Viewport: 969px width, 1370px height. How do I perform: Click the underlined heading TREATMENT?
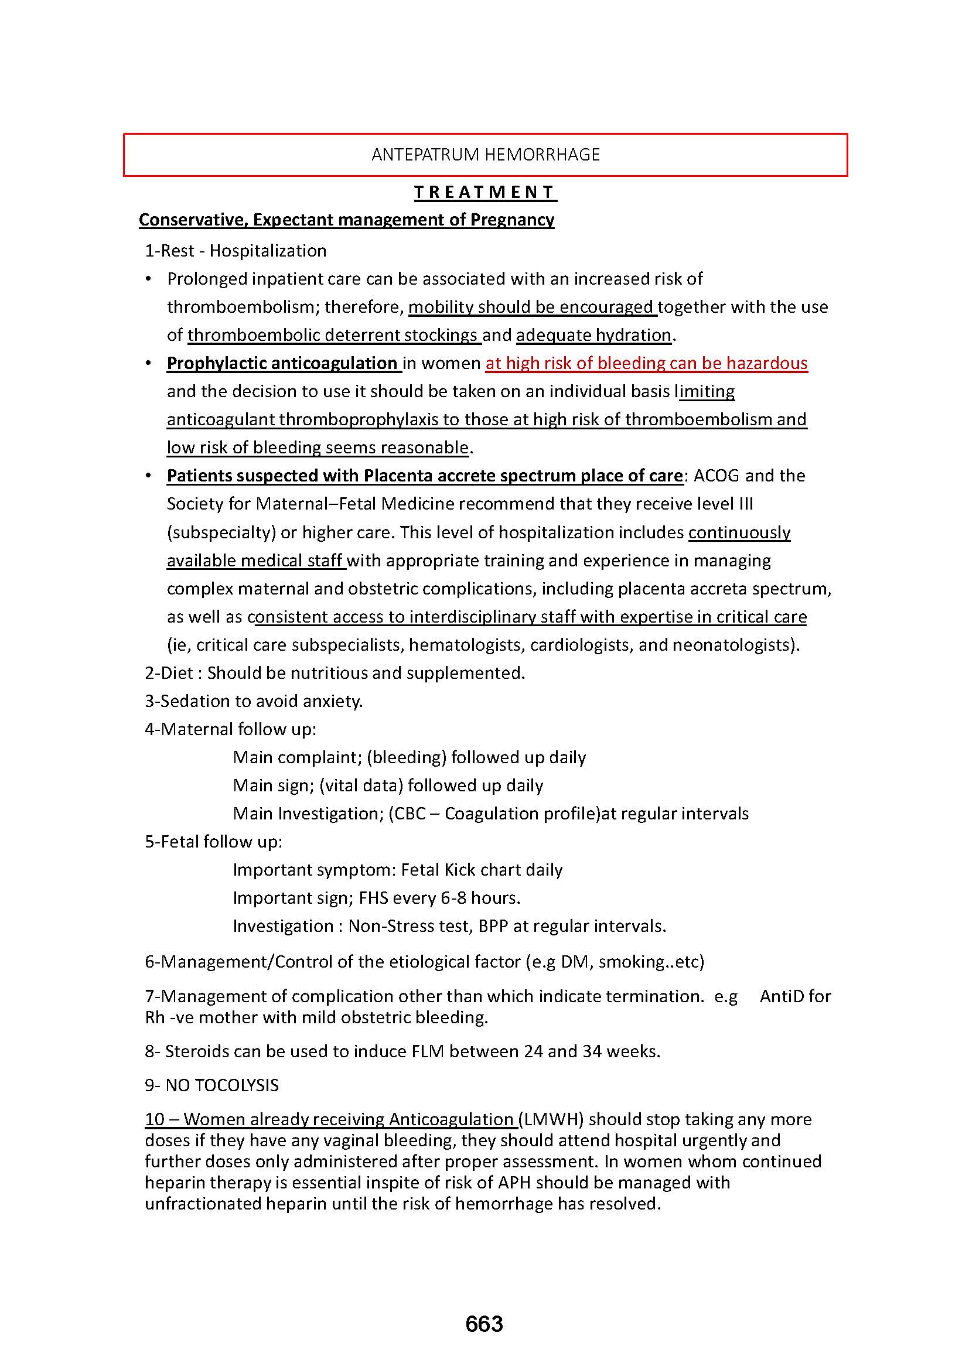point(485,192)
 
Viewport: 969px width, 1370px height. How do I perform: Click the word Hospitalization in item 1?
point(268,251)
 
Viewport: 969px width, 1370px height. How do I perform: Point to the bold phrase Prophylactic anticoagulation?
point(282,363)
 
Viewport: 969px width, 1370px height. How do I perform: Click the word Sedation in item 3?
point(192,701)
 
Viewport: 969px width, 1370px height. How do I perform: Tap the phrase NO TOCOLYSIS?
point(222,1085)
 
